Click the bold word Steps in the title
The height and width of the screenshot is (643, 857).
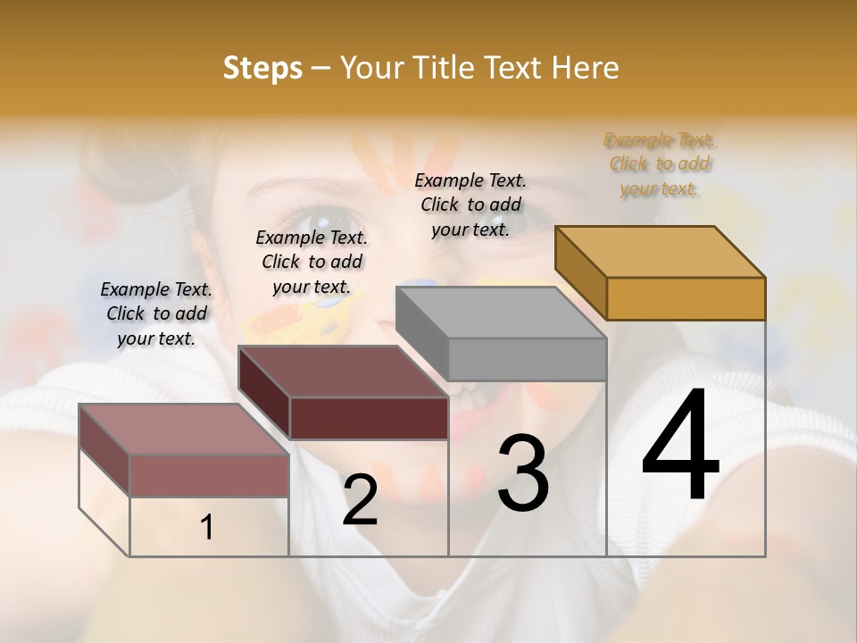tap(262, 68)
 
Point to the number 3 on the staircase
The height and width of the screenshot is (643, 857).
tap(523, 473)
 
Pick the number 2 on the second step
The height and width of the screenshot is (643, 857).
tap(360, 500)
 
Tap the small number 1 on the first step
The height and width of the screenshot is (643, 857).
tap(207, 528)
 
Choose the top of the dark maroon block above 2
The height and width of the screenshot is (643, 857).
tap(343, 371)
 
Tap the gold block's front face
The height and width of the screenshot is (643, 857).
tap(686, 298)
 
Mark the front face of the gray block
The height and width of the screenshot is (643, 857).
tap(527, 359)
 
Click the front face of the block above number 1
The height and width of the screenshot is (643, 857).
tap(209, 475)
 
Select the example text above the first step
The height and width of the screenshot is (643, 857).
tap(156, 313)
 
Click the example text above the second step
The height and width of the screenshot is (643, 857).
tap(312, 262)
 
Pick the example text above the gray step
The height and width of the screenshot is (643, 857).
tap(470, 205)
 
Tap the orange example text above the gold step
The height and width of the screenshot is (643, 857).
tap(660, 163)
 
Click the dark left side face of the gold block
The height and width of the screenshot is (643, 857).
tap(580, 271)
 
